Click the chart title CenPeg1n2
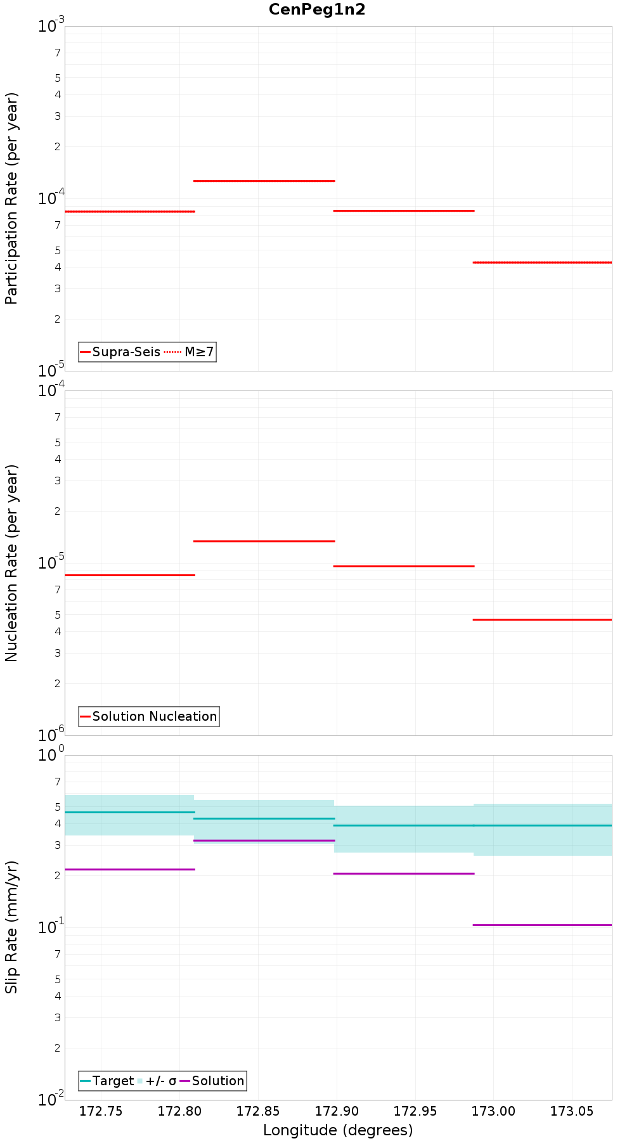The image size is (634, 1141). coord(317,10)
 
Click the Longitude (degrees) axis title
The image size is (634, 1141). coord(338,1130)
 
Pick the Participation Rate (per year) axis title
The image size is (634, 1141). coord(12,198)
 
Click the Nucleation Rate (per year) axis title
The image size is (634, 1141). coord(12,564)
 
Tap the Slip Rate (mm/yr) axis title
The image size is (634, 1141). coord(12,927)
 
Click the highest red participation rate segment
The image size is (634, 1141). coord(264,181)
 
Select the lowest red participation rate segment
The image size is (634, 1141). coord(543,262)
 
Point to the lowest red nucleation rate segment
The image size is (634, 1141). coord(543,619)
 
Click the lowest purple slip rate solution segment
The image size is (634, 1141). coord(543,925)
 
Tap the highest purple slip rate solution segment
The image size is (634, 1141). coord(264,841)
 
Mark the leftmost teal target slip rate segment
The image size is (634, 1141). coord(129,812)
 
